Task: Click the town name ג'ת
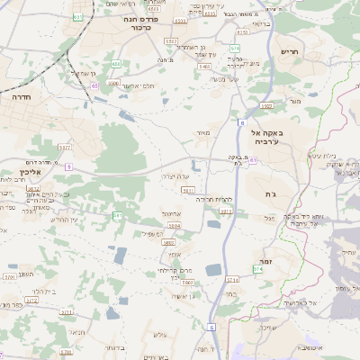(x=271, y=194)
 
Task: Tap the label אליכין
(x=21, y=170)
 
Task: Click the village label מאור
(x=202, y=133)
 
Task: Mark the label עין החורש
(x=65, y=220)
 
